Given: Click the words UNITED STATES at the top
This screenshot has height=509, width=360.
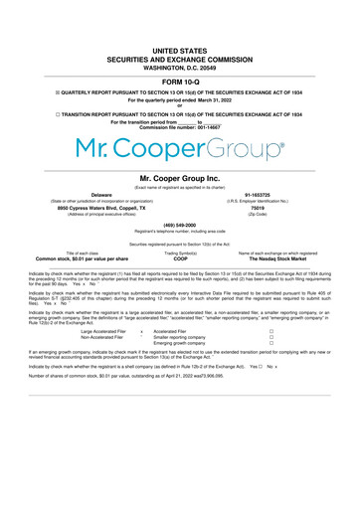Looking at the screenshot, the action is (x=180, y=48).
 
